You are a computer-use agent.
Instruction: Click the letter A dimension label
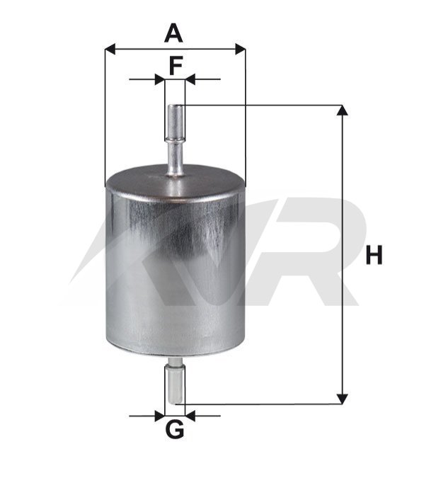tap(173, 34)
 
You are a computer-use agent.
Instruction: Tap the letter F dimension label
tap(176, 65)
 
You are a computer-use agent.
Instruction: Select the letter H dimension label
tap(374, 254)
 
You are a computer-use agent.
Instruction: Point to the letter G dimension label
tap(174, 430)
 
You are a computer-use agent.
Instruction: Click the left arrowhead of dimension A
tap(110, 50)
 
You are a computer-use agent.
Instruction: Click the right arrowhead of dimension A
tap(241, 50)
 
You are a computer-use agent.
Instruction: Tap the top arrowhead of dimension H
tap(343, 110)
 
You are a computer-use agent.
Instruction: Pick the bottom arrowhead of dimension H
tap(343, 399)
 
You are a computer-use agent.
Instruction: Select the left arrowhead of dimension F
tap(160, 79)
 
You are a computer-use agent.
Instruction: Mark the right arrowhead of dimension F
tap(190, 79)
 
